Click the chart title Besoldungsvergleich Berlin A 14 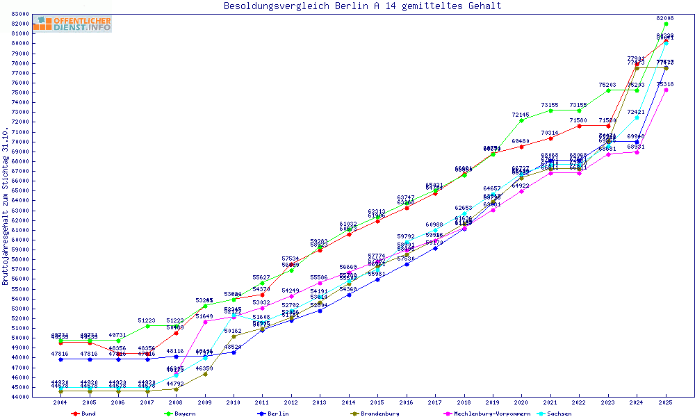pyautogui.click(x=362, y=6)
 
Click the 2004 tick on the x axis pyautogui.click(x=60, y=403)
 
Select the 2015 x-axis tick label pyautogui.click(x=377, y=403)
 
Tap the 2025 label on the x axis pyautogui.click(x=666, y=403)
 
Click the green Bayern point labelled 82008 pyautogui.click(x=666, y=24)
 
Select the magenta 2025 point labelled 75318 pyautogui.click(x=666, y=90)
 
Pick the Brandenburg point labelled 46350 pyautogui.click(x=205, y=374)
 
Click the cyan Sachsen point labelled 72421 pyautogui.click(x=637, y=117)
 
